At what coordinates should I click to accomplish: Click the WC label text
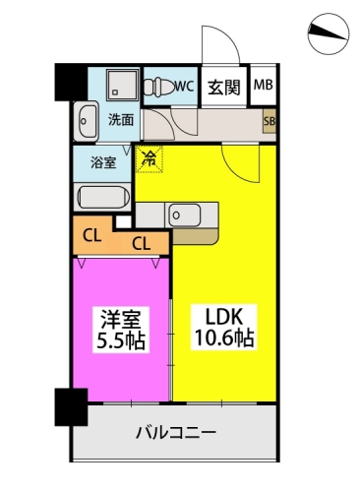182,86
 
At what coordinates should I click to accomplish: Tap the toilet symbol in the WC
155,86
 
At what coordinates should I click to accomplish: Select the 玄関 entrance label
224,87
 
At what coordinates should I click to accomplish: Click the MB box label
264,86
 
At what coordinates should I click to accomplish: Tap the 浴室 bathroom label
104,162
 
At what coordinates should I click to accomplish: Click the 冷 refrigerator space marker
150,156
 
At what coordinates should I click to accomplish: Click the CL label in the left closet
90,235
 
